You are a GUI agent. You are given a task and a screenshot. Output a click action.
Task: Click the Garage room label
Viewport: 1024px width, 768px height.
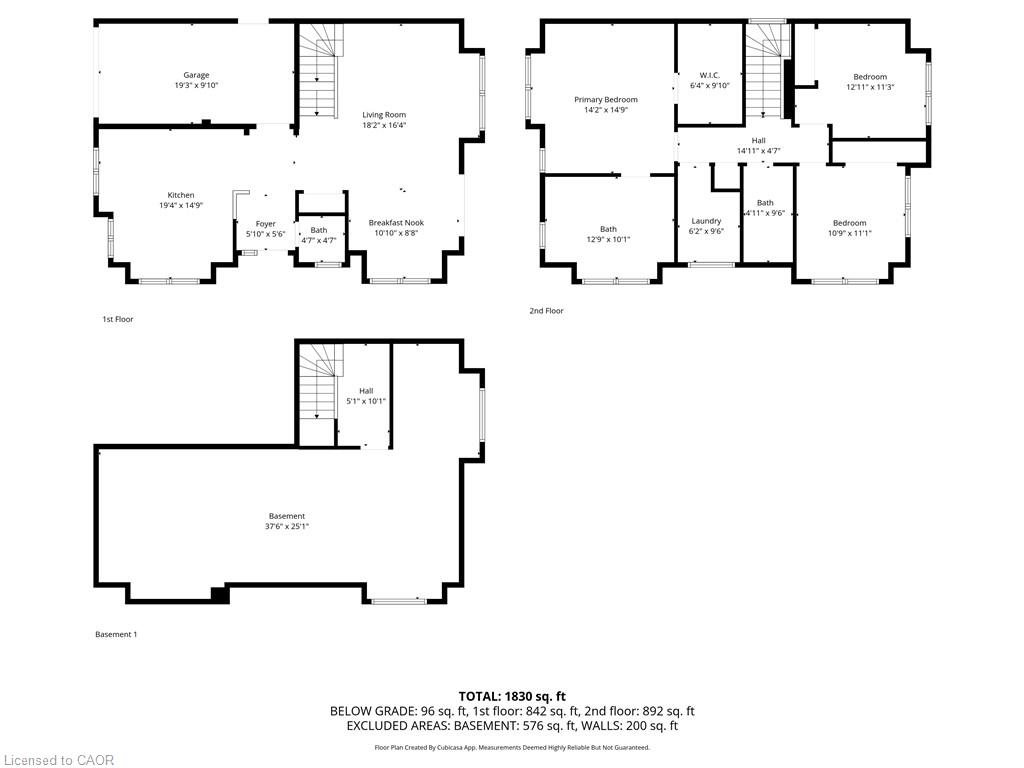[x=196, y=75]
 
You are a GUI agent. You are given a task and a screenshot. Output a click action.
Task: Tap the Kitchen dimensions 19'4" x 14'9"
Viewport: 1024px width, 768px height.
[x=181, y=205]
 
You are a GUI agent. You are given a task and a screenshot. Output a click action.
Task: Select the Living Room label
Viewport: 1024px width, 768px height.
[x=384, y=115]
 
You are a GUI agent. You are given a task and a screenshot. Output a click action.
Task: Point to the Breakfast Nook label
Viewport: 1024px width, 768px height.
[x=396, y=223]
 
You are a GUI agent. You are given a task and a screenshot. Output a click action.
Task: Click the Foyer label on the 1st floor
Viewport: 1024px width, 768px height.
[x=265, y=224]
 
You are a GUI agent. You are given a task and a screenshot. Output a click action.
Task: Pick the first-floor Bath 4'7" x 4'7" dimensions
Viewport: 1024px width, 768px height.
[x=319, y=240]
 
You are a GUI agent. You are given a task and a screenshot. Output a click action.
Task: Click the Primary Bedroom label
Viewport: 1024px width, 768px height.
[x=606, y=100]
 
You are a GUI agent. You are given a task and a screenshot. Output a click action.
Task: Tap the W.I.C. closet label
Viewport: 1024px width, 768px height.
[x=709, y=75]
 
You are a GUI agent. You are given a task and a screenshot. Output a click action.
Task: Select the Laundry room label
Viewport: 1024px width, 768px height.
[x=706, y=221]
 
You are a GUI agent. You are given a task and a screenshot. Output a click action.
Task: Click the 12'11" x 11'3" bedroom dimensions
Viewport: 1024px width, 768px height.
[x=870, y=87]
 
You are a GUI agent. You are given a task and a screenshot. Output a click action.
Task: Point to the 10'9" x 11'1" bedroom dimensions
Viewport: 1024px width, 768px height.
[x=849, y=233]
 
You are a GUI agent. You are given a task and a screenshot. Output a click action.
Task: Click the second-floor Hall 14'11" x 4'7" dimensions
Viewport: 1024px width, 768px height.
[x=758, y=151]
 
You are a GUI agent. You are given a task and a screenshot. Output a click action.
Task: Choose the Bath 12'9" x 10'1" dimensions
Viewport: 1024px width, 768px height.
[x=608, y=239]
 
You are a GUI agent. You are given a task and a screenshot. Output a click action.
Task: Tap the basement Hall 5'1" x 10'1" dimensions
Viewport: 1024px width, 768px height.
[x=366, y=401]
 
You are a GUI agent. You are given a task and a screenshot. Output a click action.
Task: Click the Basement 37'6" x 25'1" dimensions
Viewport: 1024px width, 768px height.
[x=287, y=526]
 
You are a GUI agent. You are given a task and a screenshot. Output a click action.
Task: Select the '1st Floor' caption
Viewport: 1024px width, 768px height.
[x=118, y=319]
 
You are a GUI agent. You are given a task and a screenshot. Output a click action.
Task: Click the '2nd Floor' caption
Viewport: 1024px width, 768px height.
[x=546, y=311]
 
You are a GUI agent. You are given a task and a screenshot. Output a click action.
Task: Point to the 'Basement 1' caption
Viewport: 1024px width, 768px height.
[x=116, y=634]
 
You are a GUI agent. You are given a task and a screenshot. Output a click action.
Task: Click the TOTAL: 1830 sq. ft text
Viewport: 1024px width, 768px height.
[x=512, y=696]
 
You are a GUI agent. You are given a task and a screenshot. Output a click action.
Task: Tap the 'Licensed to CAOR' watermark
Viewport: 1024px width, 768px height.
[x=58, y=760]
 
